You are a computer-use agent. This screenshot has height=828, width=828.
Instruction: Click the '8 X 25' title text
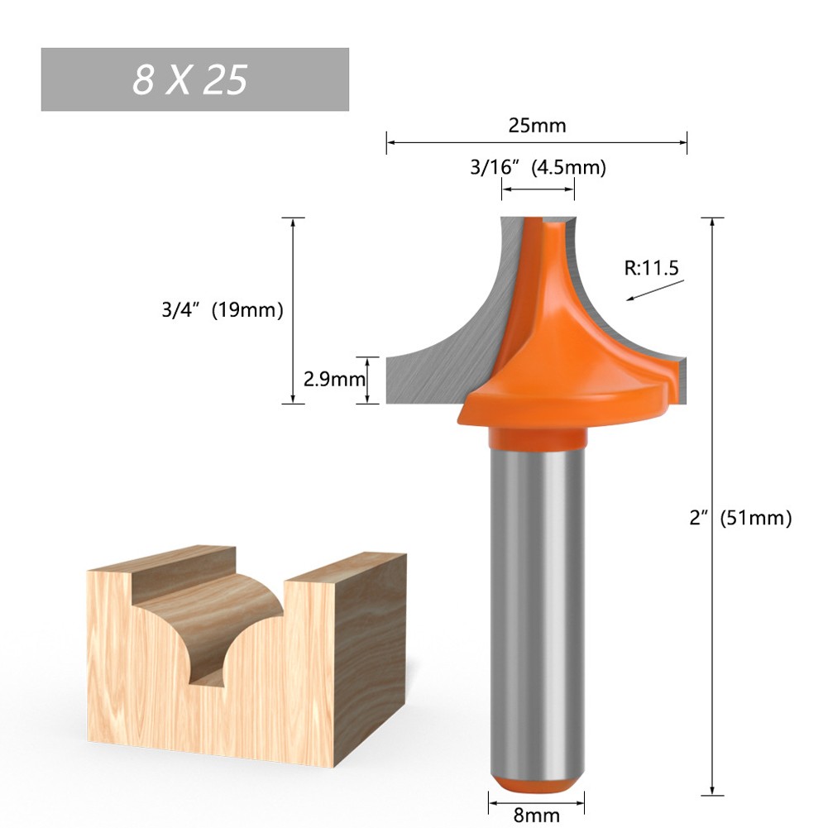(x=190, y=80)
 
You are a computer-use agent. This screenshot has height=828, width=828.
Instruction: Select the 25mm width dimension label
(x=537, y=126)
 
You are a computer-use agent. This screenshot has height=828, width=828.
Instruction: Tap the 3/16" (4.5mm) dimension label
(x=538, y=168)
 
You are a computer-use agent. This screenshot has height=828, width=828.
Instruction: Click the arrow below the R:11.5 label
(x=655, y=290)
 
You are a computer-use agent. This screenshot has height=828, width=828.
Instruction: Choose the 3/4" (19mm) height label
(x=223, y=311)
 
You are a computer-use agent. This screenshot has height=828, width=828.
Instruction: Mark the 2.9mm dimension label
(x=334, y=380)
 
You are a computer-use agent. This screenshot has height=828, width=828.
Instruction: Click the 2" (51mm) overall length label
(x=740, y=519)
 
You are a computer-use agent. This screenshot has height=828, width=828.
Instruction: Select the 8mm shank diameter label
(x=537, y=815)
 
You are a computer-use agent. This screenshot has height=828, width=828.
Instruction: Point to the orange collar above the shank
(x=537, y=437)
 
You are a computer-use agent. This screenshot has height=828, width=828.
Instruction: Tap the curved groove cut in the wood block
(x=211, y=629)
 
